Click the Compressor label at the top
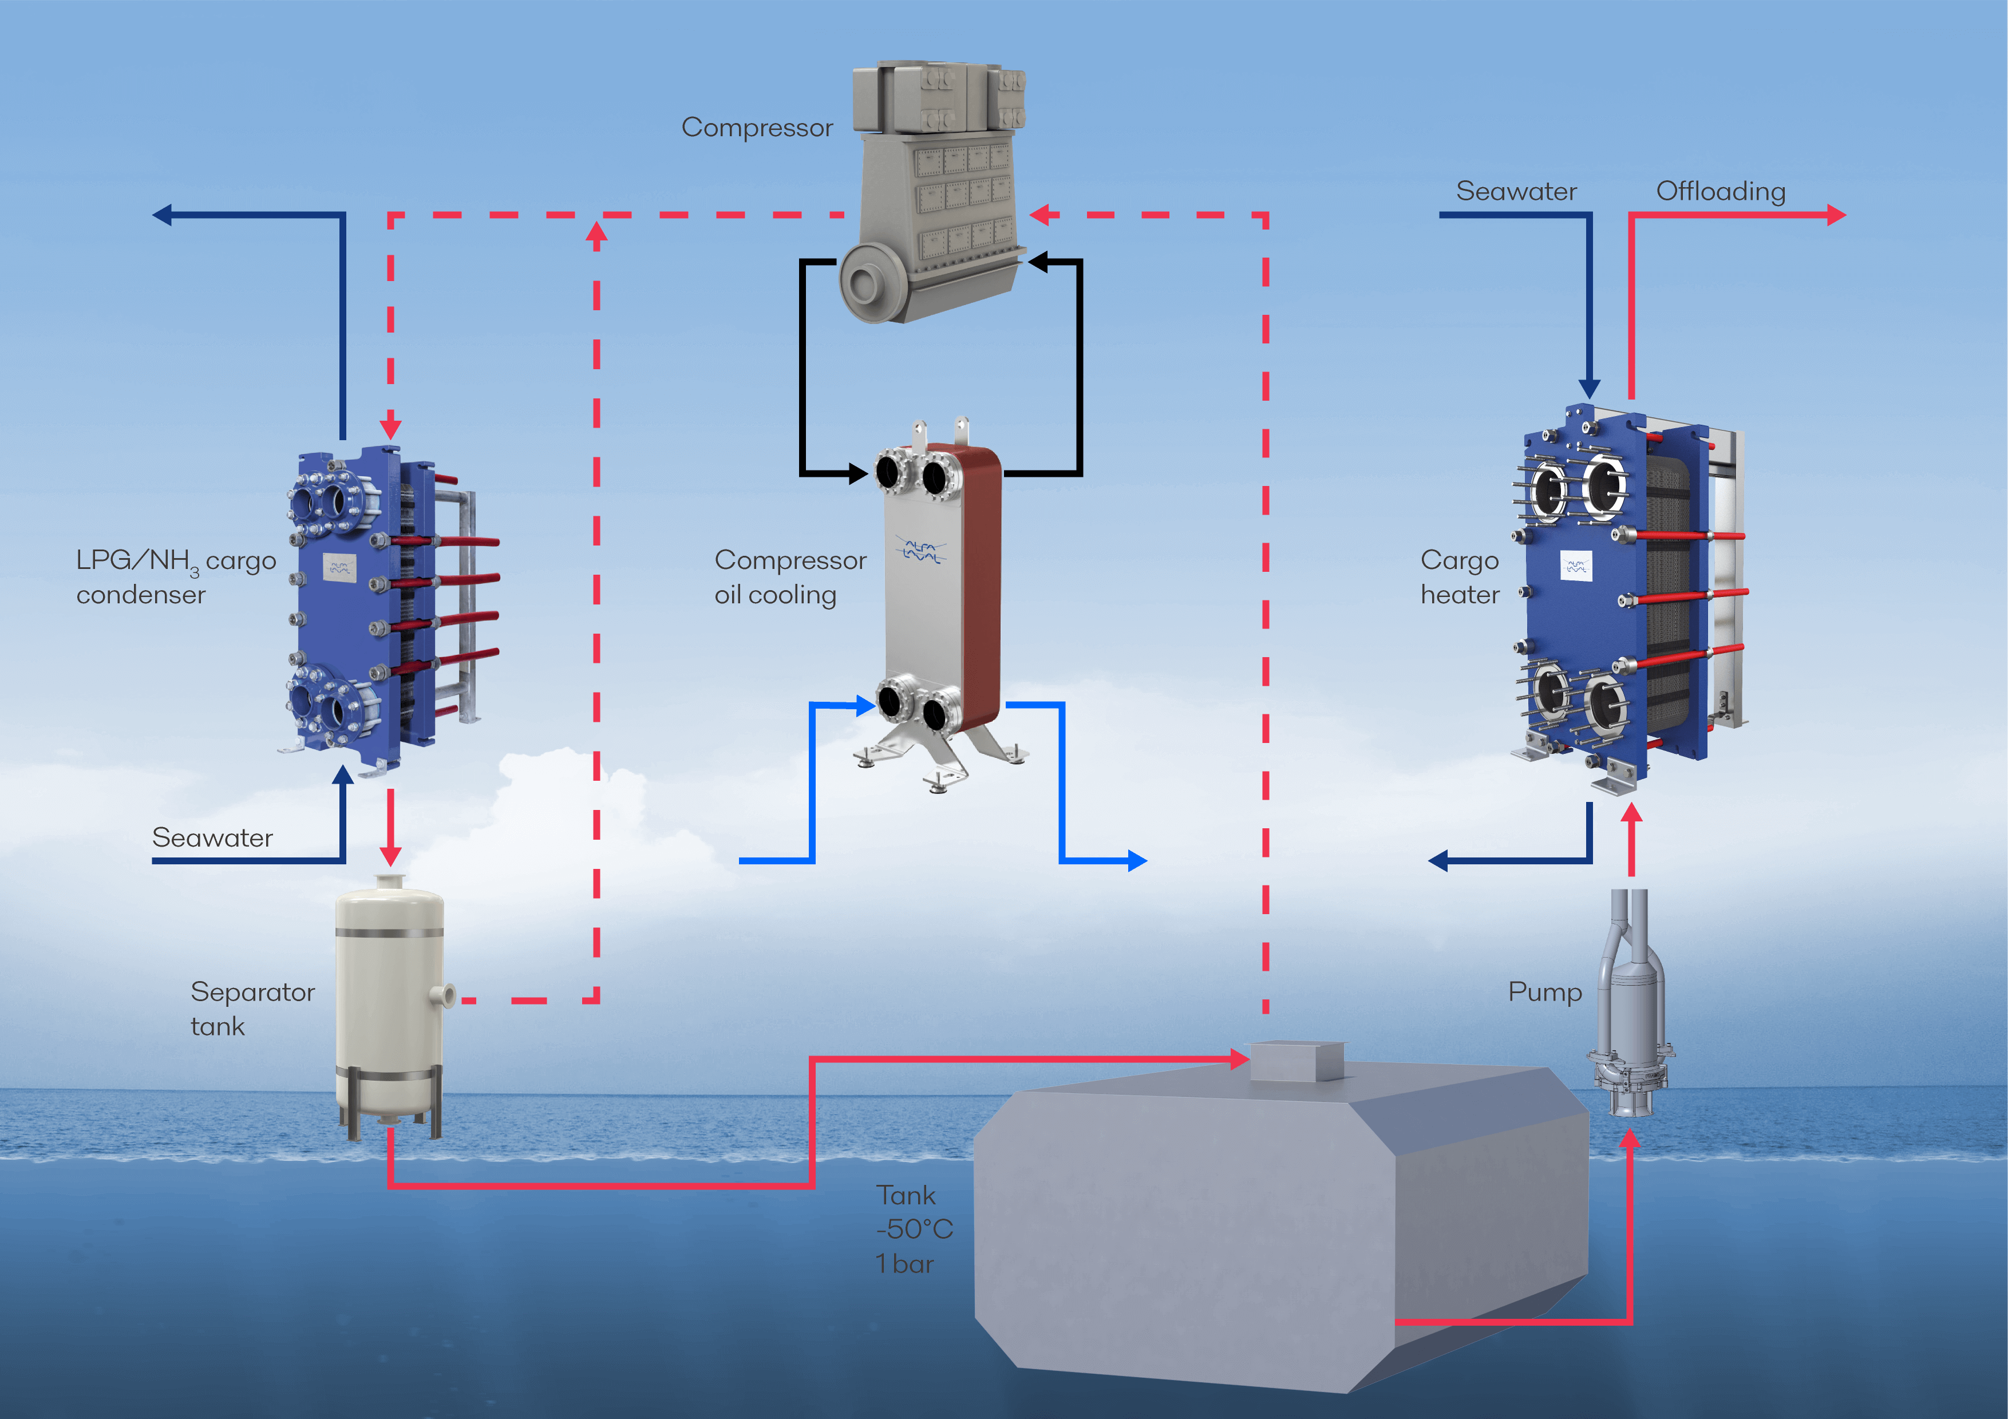[x=757, y=128]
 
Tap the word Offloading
[x=1720, y=192]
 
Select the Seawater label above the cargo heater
[x=1516, y=192]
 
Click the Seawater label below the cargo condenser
[x=212, y=837]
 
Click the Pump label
[x=1544, y=993]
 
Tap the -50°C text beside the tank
[x=914, y=1230]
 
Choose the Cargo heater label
[x=1460, y=577]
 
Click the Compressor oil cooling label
[x=790, y=577]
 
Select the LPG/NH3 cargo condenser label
[x=175, y=577]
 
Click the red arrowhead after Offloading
[x=1837, y=215]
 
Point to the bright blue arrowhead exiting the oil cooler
[x=1137, y=861]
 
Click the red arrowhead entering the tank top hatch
[x=1239, y=1060]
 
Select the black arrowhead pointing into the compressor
[x=1038, y=260]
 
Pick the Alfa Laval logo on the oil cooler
[x=920, y=551]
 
